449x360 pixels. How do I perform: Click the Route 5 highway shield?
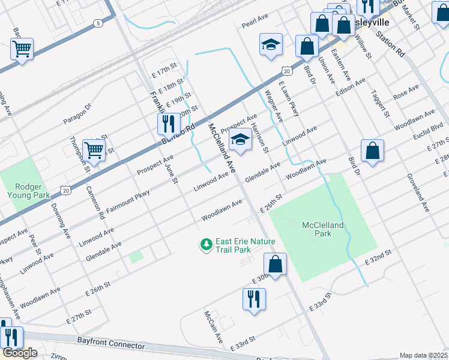click(x=97, y=23)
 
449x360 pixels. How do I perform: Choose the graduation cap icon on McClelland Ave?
click(x=240, y=140)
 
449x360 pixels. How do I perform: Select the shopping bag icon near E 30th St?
click(x=275, y=264)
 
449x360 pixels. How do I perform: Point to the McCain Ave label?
click(x=213, y=325)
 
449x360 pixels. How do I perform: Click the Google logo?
click(x=20, y=353)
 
